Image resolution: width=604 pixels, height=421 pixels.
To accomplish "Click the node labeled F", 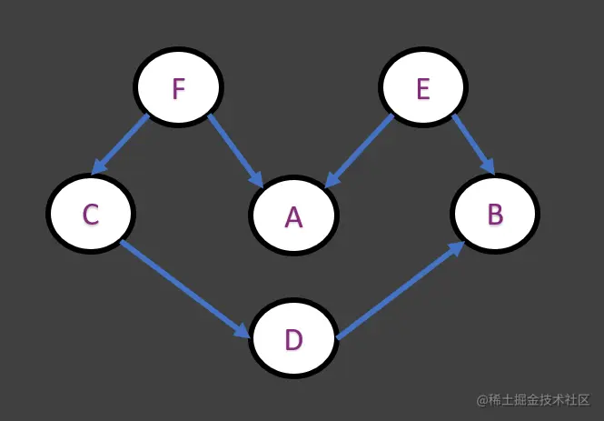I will coord(178,88).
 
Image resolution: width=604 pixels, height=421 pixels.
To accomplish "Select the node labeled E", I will coord(422,88).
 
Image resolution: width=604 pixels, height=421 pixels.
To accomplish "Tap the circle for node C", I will coord(90,214).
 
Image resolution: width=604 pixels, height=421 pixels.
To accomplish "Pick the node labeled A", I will coord(292,216).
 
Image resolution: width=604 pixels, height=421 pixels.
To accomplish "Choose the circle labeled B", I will coord(495,214).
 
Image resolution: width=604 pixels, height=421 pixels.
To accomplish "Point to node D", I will coord(292,339).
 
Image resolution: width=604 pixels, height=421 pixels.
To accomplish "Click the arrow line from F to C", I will coord(122,144).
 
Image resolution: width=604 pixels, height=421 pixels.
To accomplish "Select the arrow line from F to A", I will coord(234,150).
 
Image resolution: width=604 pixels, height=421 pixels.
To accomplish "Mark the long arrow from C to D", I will coord(182,287).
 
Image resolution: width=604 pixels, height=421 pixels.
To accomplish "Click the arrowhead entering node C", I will coord(98,167).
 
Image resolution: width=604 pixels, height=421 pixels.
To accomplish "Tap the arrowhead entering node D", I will coord(241,330).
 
